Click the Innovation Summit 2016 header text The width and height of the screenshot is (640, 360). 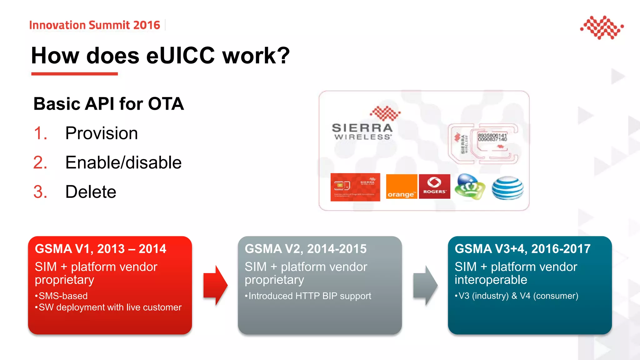click(x=94, y=25)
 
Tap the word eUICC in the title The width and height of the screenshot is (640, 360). click(x=181, y=56)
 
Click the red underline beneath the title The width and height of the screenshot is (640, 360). click(x=74, y=74)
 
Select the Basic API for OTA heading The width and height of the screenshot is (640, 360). click(x=108, y=104)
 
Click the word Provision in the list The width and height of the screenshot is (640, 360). click(x=101, y=133)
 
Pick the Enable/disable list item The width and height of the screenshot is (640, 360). click(x=123, y=162)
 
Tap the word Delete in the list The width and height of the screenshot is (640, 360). click(x=91, y=192)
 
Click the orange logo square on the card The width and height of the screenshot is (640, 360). click(x=401, y=187)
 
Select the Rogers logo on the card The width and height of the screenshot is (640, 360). click(x=434, y=187)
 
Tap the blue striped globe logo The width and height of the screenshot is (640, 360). click(x=507, y=187)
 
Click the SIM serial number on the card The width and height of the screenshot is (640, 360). click(x=492, y=137)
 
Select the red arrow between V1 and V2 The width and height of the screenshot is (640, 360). click(x=215, y=285)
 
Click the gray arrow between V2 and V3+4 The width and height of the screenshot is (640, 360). click(x=425, y=285)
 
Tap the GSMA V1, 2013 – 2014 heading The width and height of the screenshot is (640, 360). click(x=100, y=249)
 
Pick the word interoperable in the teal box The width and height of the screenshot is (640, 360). click(x=491, y=280)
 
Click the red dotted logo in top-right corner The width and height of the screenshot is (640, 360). click(x=602, y=27)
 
